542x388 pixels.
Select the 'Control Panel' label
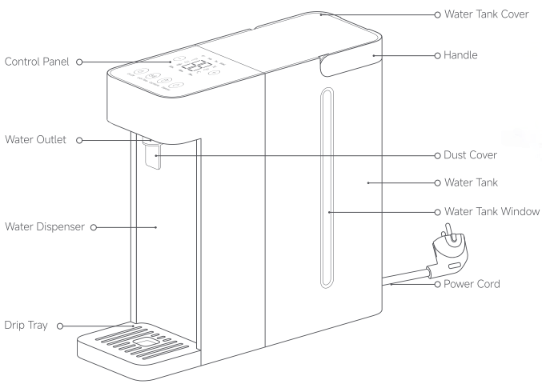[38, 61]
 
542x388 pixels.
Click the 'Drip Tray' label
[25, 326]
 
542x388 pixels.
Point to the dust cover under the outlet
[152, 155]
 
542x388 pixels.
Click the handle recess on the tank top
[328, 64]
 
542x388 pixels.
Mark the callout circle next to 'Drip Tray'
[59, 326]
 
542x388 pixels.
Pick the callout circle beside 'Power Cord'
[436, 284]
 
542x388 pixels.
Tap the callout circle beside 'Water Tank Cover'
[436, 14]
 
